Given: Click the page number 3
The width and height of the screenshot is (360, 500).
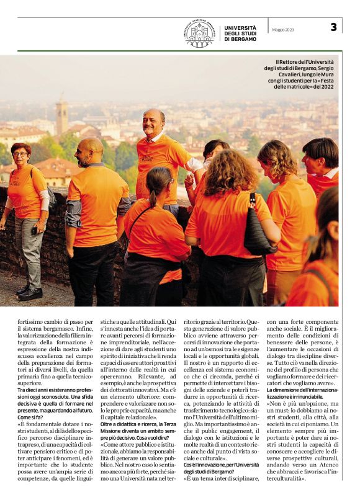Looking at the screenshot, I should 333,27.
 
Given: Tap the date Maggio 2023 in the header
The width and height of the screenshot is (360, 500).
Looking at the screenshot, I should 283,29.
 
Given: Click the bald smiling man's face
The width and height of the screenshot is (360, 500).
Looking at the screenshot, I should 152,123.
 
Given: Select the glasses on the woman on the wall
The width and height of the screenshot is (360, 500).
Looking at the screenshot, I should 20,154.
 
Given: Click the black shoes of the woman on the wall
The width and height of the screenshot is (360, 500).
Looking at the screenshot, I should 30,292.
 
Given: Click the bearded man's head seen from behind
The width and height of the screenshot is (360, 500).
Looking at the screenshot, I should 91,151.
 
